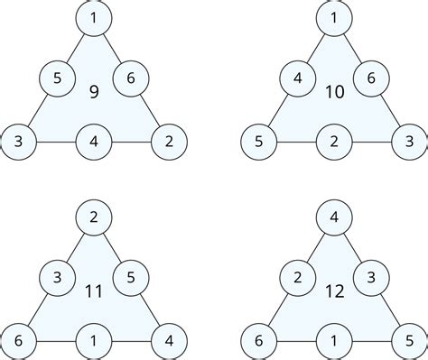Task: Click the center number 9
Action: click(93, 91)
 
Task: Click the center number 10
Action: click(334, 91)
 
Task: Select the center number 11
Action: click(93, 291)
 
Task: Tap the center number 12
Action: click(334, 291)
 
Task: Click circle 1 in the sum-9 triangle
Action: click(93, 18)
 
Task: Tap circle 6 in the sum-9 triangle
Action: click(130, 79)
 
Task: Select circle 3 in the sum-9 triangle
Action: click(18, 142)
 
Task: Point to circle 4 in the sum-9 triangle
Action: click(93, 142)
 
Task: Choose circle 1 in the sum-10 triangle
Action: click(334, 18)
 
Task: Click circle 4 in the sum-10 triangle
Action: click(297, 79)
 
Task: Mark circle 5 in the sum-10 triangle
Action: click(259, 142)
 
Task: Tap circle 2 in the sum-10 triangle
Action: click(334, 142)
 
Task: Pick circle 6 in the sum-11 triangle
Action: click(18, 342)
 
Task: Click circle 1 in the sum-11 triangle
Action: click(93, 342)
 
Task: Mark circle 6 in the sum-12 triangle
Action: click(259, 342)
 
